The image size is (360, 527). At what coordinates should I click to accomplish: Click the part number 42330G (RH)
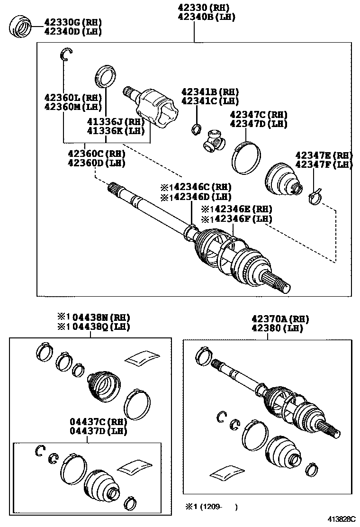click(73, 22)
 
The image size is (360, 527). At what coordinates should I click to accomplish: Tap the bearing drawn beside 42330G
click(21, 26)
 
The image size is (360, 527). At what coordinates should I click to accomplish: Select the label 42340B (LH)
click(206, 17)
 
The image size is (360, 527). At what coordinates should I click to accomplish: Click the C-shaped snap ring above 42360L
click(66, 55)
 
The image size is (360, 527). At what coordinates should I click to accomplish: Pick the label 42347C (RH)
click(259, 115)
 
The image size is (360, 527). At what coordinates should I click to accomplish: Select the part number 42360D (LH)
click(96, 163)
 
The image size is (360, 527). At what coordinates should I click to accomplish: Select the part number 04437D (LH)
click(99, 430)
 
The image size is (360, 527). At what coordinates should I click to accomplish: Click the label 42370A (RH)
click(280, 319)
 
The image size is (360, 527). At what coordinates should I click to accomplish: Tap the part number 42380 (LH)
click(277, 328)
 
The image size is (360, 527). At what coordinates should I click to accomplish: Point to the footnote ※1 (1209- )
click(212, 507)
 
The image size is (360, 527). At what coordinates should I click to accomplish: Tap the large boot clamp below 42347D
click(246, 158)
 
